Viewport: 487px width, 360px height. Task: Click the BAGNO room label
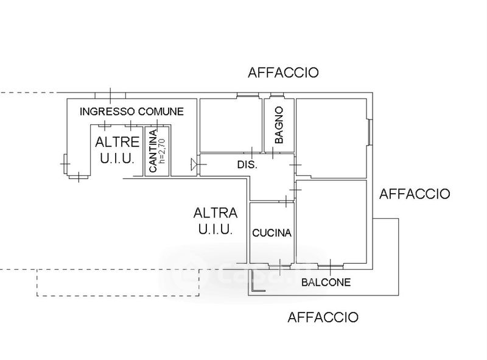click(x=279, y=125)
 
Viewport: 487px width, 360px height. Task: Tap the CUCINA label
click(x=272, y=233)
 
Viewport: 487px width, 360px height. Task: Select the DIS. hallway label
click(x=248, y=164)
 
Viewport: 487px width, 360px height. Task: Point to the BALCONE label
click(x=326, y=282)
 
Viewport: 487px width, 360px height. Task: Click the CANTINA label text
click(x=153, y=151)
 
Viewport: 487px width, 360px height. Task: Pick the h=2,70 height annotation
click(x=163, y=151)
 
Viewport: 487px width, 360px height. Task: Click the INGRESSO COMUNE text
click(x=131, y=111)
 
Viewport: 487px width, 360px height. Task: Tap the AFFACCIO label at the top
click(x=283, y=72)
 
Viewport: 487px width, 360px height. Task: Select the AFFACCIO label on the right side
click(x=415, y=194)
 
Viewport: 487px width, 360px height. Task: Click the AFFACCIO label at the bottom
click(x=323, y=317)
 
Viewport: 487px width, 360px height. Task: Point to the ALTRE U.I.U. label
click(x=117, y=150)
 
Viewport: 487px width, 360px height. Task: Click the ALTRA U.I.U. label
click(x=215, y=221)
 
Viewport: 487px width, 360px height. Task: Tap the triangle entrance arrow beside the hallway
click(x=194, y=164)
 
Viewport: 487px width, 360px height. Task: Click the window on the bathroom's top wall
click(x=277, y=94)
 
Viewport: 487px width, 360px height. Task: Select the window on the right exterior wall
click(x=370, y=132)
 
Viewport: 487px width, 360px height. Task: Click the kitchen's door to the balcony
click(x=280, y=267)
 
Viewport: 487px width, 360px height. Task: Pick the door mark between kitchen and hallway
click(x=286, y=202)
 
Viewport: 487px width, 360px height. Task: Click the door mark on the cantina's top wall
click(x=157, y=125)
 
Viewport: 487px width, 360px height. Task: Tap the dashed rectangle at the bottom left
click(x=118, y=283)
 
